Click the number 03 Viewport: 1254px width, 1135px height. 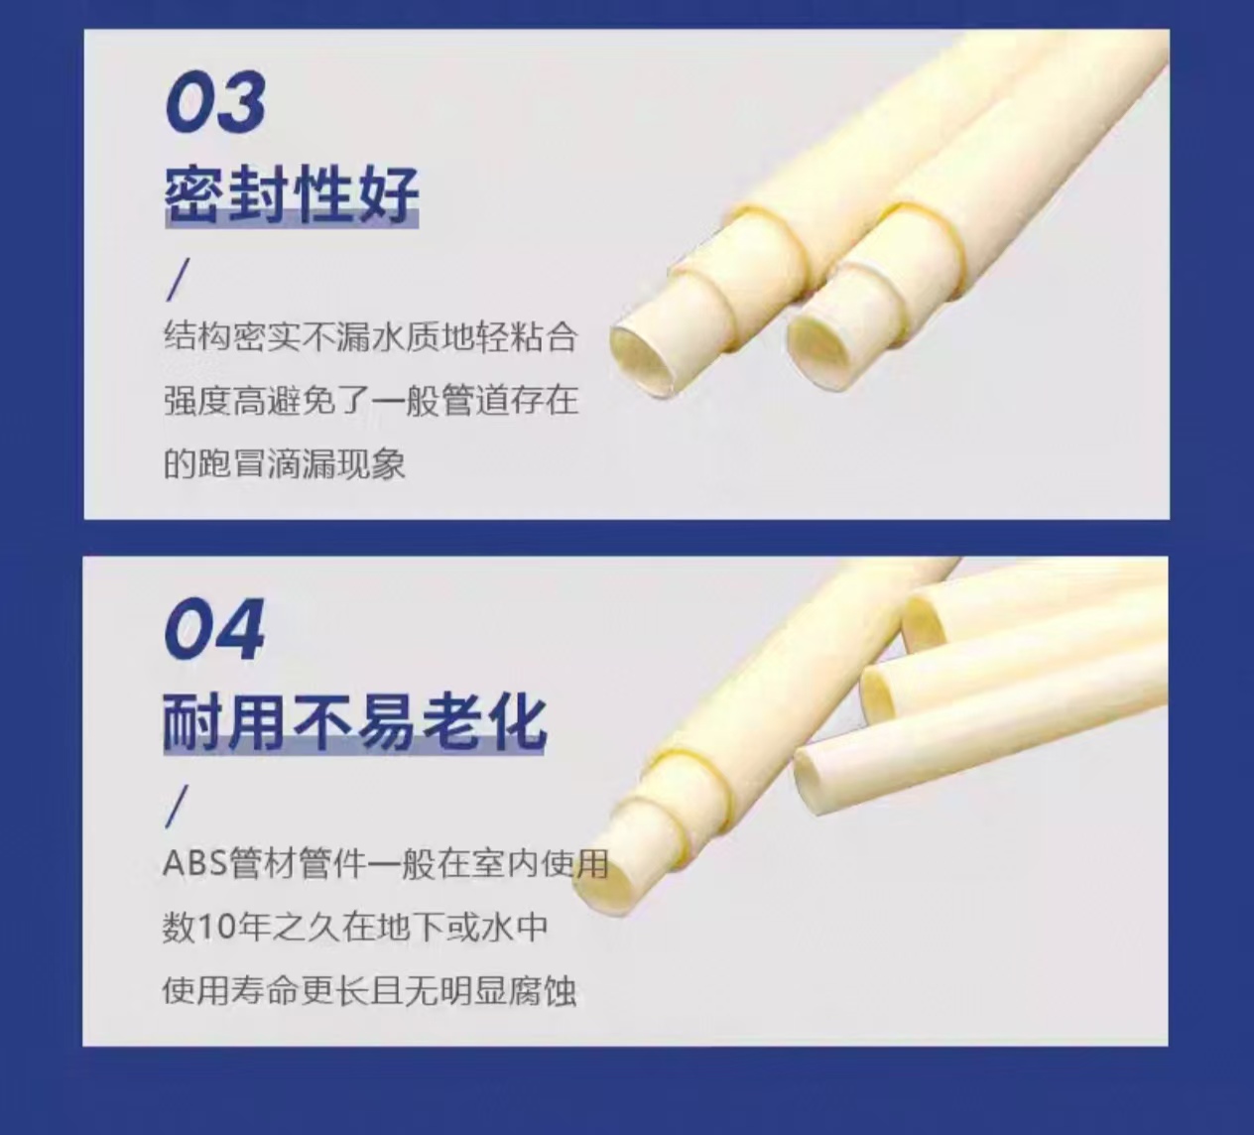pos(216,101)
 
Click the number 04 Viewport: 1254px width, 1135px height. pos(214,629)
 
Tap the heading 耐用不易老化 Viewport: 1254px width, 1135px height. pos(354,723)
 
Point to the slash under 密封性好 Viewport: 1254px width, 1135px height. pos(178,281)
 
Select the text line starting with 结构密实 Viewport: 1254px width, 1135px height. pos(371,337)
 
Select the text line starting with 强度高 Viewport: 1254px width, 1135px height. pos(371,401)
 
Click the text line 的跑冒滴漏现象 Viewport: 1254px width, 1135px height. pos(285,464)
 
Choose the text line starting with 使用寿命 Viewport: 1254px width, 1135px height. pos(369,991)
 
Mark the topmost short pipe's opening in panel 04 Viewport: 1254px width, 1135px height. pos(924,619)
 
